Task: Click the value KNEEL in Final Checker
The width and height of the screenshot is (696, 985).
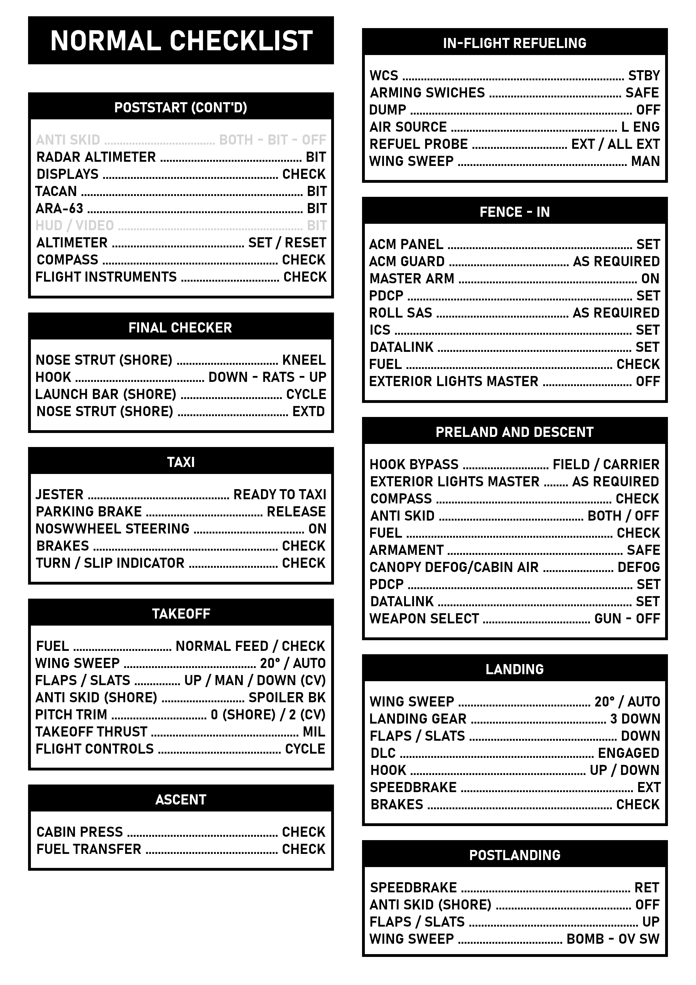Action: tap(304, 360)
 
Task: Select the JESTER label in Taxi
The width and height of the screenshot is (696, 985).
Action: tap(59, 495)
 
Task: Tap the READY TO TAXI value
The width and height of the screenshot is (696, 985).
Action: tap(280, 495)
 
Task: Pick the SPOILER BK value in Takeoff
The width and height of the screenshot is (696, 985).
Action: tap(287, 697)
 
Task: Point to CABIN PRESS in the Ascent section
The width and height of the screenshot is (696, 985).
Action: tap(80, 832)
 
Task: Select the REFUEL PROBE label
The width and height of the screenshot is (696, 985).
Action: tap(418, 144)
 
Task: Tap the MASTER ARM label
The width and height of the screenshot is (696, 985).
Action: tap(412, 279)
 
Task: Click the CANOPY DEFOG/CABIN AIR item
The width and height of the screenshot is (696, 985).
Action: tap(454, 567)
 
